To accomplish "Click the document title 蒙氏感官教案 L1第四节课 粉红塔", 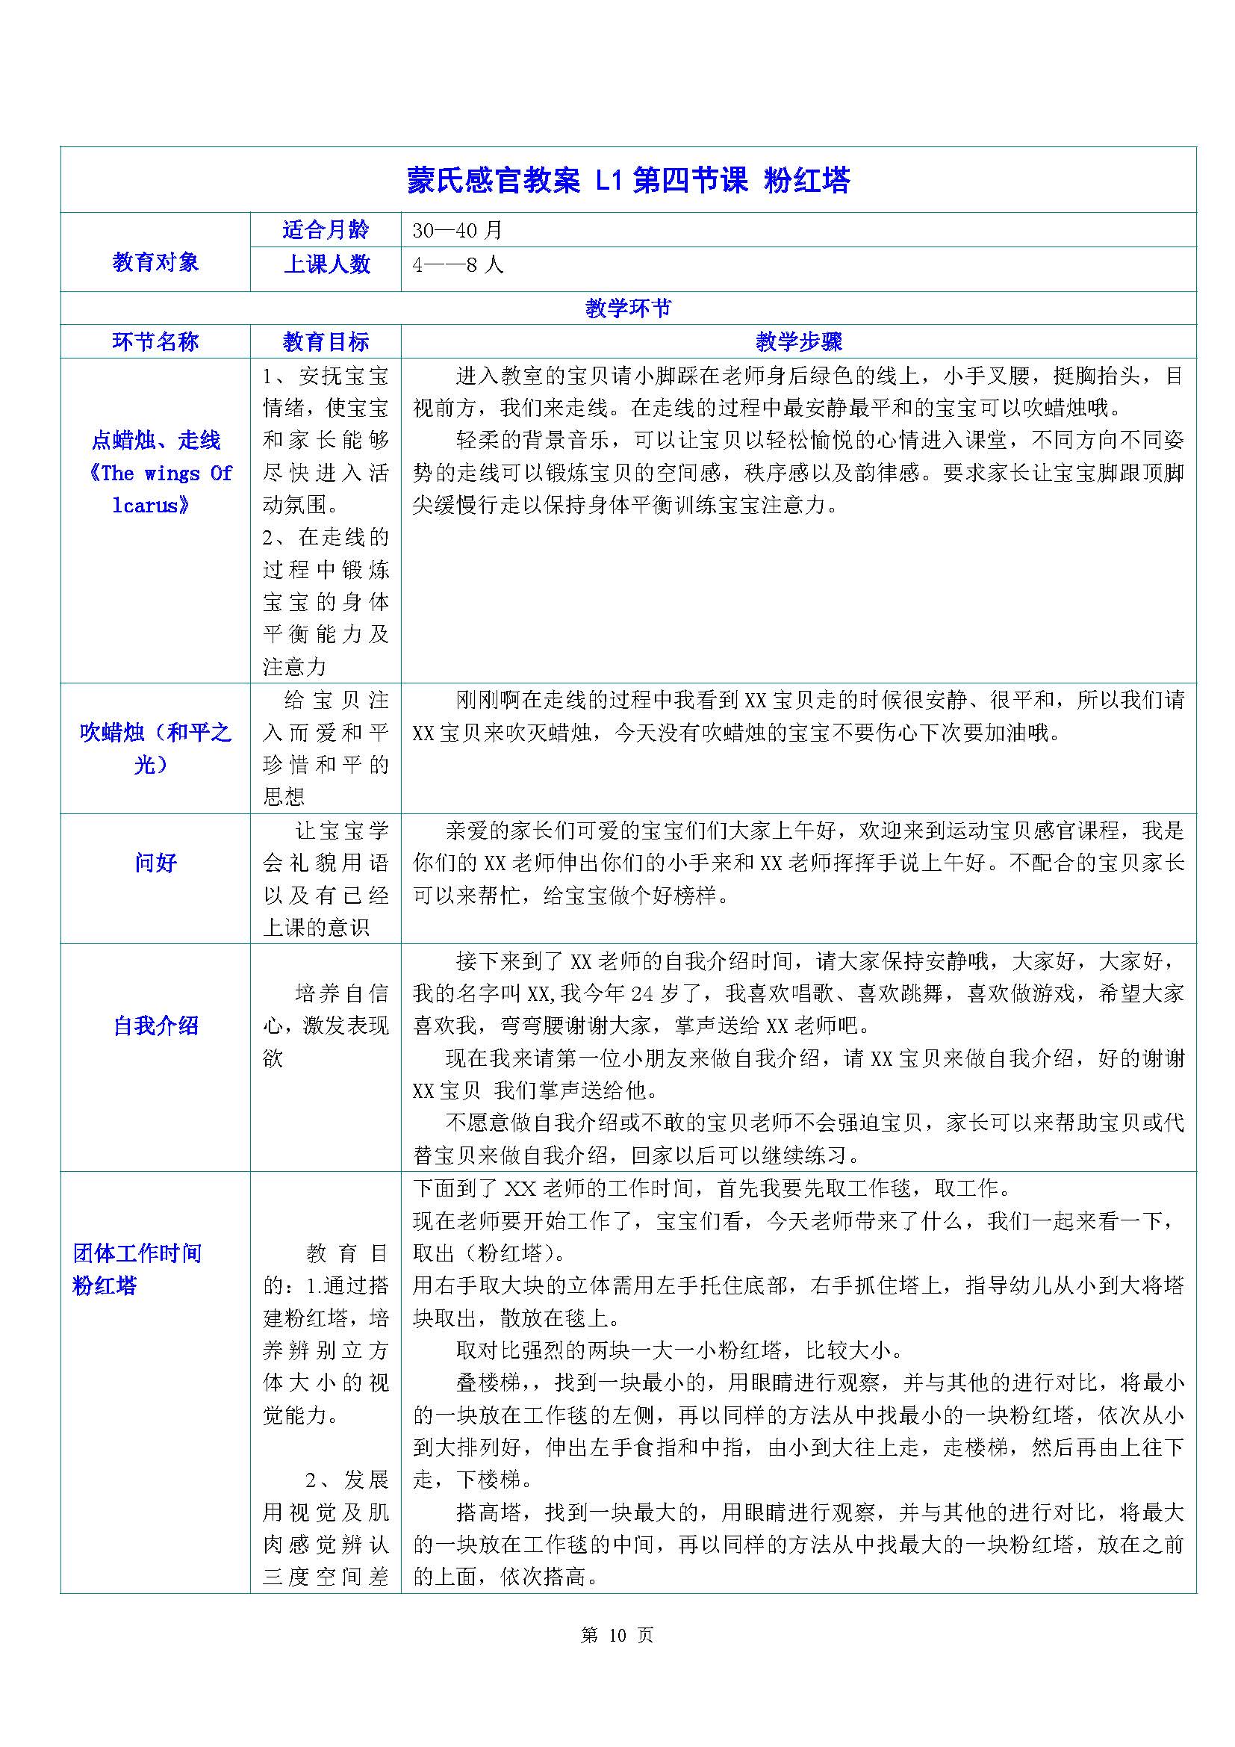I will (x=628, y=181).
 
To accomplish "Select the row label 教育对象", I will (x=155, y=262).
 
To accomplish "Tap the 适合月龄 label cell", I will (x=326, y=230).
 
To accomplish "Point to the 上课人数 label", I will (x=326, y=264).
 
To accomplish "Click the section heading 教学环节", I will (x=628, y=308).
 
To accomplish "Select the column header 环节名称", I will (x=155, y=341).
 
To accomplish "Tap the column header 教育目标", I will (x=326, y=341).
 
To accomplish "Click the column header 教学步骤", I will (x=798, y=341).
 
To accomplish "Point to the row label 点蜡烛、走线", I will (x=156, y=440).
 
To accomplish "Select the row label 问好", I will (x=155, y=862).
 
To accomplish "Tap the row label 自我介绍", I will (x=155, y=1025).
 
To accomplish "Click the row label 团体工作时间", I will (x=137, y=1253).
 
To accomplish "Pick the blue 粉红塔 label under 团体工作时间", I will (x=105, y=1286).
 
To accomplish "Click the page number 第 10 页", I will (x=617, y=1635).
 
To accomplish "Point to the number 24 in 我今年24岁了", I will (x=643, y=993).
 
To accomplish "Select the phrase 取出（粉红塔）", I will (x=484, y=1253).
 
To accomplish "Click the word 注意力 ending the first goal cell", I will (x=294, y=666).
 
